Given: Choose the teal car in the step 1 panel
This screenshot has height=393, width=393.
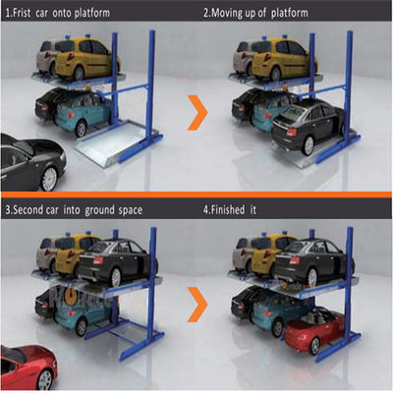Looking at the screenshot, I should pyautogui.click(x=84, y=113).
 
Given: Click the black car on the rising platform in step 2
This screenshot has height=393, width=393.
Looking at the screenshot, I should pyautogui.click(x=305, y=125).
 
